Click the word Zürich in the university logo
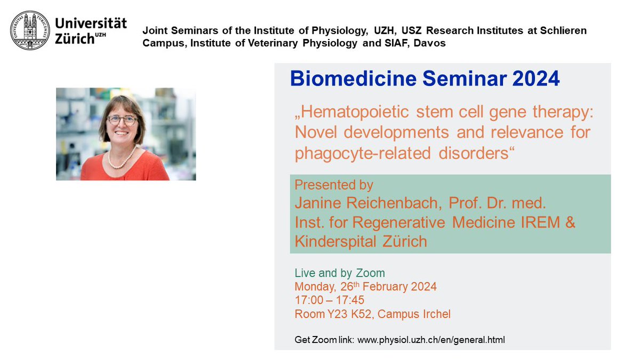pos(77,39)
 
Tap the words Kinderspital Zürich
pos(361,241)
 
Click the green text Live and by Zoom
pos(339,273)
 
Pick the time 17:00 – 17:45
pos(330,300)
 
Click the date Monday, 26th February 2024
pos(365,287)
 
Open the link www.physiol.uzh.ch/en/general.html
pos(430,339)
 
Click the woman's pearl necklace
pos(122,158)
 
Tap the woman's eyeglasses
pos(122,120)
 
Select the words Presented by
pos(334,185)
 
